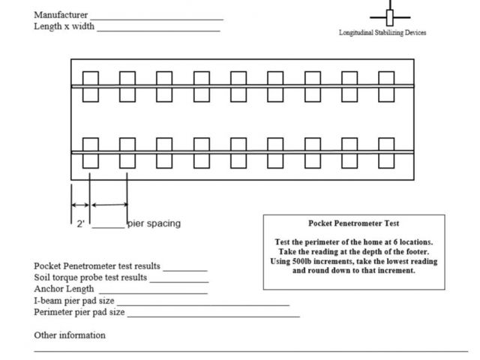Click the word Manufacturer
[x=61, y=15]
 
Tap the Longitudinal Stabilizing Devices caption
[x=382, y=33]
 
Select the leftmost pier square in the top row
[x=90, y=86]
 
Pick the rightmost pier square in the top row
[x=386, y=86]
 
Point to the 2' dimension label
[x=80, y=223]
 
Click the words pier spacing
[x=154, y=223]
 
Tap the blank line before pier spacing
[x=109, y=226]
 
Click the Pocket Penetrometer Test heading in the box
[x=353, y=223]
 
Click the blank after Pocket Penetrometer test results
[x=185, y=268]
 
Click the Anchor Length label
[x=64, y=289]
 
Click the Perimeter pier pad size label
[x=79, y=312]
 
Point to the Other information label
[x=70, y=335]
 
